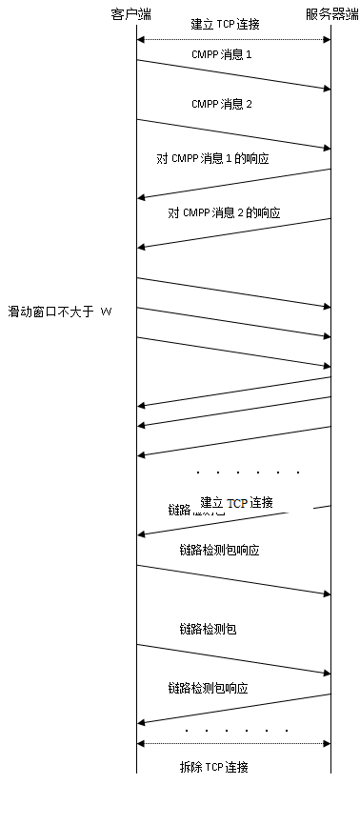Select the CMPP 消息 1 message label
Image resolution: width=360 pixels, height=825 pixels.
tap(221, 55)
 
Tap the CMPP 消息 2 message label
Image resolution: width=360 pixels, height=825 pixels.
tap(221, 103)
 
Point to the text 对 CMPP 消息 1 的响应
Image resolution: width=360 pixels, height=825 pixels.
tap(212, 158)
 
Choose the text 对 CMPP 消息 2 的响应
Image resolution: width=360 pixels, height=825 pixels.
tap(224, 212)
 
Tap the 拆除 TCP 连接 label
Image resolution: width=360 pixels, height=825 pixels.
tap(214, 767)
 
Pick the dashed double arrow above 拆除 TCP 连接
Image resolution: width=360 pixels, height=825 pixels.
tap(233, 744)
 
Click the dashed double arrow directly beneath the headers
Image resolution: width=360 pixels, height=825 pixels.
tap(233, 39)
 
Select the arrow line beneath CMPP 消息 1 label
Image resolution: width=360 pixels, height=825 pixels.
tap(233, 75)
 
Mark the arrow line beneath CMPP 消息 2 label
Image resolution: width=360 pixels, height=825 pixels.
tap(233, 133)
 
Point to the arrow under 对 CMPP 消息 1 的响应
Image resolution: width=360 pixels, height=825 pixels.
tap(233, 183)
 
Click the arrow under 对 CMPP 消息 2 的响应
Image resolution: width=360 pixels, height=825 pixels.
tap(233, 232)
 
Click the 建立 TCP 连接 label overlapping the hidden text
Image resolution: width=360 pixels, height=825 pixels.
tap(236, 502)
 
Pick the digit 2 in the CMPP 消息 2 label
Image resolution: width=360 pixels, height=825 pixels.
tap(249, 103)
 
